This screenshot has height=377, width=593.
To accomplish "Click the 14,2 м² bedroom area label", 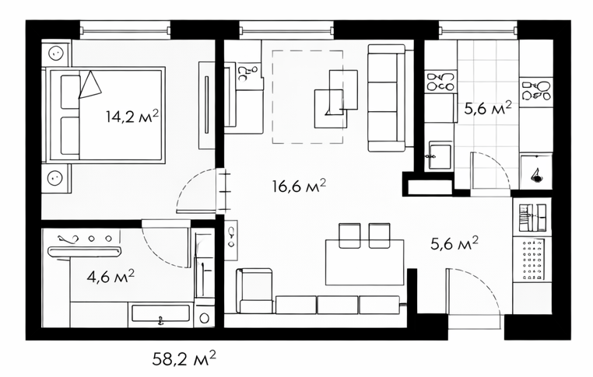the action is point(132,117).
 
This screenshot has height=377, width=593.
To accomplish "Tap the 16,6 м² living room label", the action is point(299,186).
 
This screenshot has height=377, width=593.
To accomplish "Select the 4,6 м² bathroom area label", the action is point(111,277).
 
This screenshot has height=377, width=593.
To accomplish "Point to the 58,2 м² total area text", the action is point(184,358).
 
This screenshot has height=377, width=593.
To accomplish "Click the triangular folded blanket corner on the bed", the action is point(90,85).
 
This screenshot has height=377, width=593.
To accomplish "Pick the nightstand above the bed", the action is point(56,54).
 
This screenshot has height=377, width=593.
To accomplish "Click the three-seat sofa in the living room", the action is point(386,98).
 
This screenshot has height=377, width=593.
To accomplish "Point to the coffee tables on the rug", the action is point(336,99).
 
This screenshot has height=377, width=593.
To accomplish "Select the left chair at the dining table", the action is point(349,236).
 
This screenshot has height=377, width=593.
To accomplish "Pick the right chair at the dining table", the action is point(379,236).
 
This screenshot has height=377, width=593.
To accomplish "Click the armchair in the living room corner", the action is point(254,291).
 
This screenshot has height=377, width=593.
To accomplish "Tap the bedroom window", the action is point(125,30).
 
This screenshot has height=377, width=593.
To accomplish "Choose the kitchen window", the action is point(478,30).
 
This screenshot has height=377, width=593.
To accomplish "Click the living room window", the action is point(286,30).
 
